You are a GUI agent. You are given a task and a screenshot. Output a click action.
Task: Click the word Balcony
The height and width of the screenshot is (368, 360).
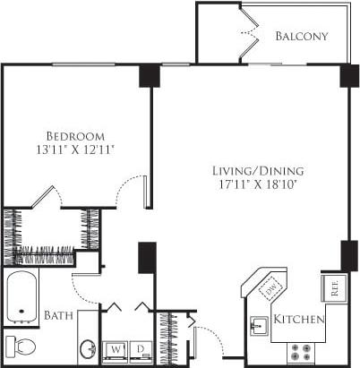point(301,37)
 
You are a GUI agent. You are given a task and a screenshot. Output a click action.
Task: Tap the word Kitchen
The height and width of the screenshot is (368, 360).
point(299,320)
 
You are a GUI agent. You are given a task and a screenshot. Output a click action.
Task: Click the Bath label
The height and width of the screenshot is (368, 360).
point(57,315)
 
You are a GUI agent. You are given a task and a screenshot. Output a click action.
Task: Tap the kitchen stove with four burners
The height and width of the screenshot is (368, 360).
point(300,349)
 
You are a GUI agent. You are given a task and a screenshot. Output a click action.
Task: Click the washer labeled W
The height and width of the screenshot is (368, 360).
point(116,348)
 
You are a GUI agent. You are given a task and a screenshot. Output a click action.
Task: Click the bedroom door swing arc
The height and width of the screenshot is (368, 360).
point(133,188)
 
